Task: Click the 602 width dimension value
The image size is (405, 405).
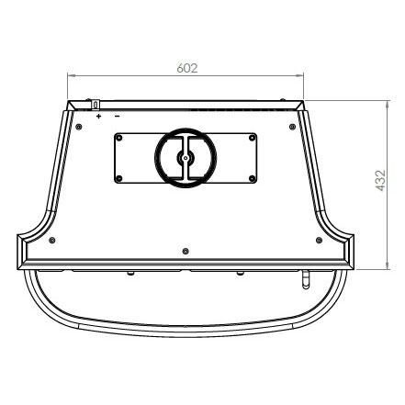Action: (x=187, y=68)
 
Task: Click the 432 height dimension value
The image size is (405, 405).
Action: (x=380, y=181)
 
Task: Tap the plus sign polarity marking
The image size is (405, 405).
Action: (x=98, y=116)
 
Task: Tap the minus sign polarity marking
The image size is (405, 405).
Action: (x=117, y=116)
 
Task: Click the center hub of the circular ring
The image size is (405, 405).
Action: (x=186, y=158)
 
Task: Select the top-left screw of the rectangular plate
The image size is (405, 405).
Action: (x=119, y=138)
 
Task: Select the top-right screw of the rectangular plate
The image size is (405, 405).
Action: (x=252, y=138)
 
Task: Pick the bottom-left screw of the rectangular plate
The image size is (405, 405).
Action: (x=119, y=178)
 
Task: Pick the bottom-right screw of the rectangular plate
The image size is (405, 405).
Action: (x=252, y=178)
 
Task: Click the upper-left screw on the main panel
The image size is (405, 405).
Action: (x=79, y=127)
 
